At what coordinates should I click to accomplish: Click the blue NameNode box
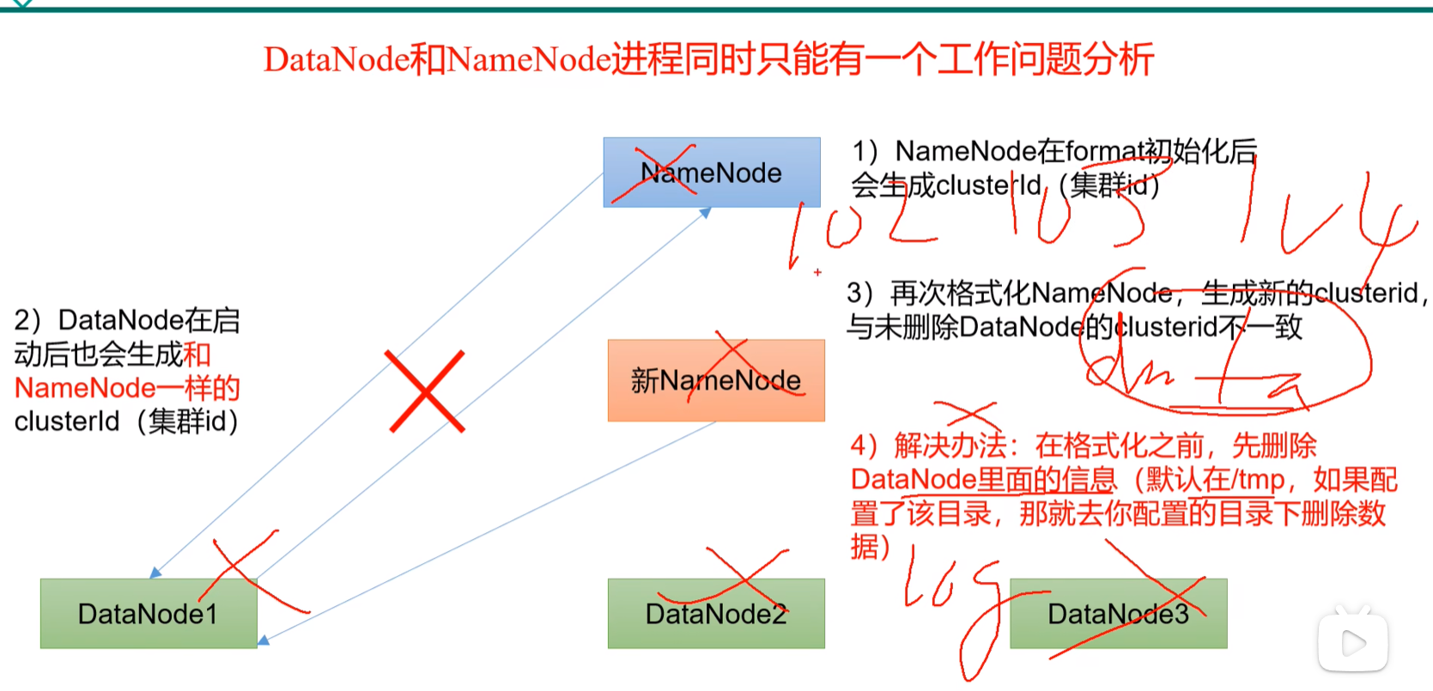[x=712, y=173]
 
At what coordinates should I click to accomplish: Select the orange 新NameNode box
[x=716, y=380]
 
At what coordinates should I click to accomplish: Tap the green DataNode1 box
[x=148, y=613]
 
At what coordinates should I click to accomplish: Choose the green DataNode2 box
[x=716, y=613]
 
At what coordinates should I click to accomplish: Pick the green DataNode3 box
[x=1118, y=613]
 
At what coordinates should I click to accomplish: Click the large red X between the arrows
[x=426, y=391]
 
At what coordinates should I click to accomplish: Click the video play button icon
[x=1353, y=642]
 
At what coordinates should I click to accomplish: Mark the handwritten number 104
[x=1322, y=219]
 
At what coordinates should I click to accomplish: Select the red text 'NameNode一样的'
[x=127, y=388]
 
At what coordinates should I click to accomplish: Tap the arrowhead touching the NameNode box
[x=705, y=213]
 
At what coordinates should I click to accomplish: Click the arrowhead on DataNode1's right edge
[x=264, y=640]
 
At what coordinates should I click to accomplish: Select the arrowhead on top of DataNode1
[x=155, y=573]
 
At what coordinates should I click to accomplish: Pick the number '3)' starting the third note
[x=860, y=294]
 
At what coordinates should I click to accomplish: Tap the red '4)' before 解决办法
[x=865, y=446]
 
